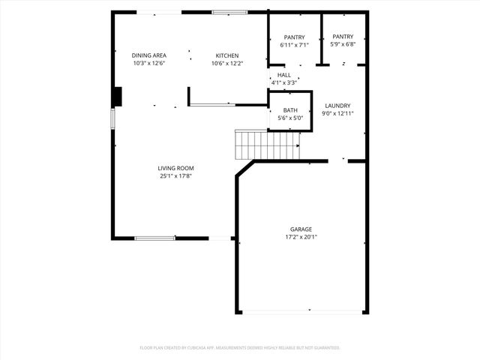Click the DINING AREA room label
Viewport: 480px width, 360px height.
coord(148,55)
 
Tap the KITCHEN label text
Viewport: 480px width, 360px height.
coord(227,55)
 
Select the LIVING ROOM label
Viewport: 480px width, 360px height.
coord(175,168)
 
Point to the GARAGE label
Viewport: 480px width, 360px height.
coord(301,229)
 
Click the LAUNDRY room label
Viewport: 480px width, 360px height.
coord(337,106)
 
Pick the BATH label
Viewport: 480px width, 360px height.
coord(289,110)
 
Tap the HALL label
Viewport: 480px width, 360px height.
coord(283,75)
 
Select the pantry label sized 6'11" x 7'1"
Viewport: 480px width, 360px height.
coord(294,37)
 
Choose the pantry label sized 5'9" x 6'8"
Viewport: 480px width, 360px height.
coord(343,36)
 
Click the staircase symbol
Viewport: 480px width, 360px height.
coord(267,144)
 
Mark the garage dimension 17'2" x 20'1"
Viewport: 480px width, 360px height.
coord(301,238)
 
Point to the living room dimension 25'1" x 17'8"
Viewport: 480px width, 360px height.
coord(175,176)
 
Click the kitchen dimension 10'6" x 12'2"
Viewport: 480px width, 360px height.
coord(227,64)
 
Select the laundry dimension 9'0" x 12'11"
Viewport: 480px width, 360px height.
coord(337,114)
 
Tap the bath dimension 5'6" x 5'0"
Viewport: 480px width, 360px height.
coord(289,118)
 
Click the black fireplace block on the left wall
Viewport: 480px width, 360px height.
coord(117,97)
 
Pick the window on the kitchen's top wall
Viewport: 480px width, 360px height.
coord(229,12)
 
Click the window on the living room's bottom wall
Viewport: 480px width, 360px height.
coord(155,238)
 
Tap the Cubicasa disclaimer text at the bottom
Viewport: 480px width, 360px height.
coord(240,348)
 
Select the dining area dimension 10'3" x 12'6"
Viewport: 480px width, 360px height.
coord(148,64)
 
